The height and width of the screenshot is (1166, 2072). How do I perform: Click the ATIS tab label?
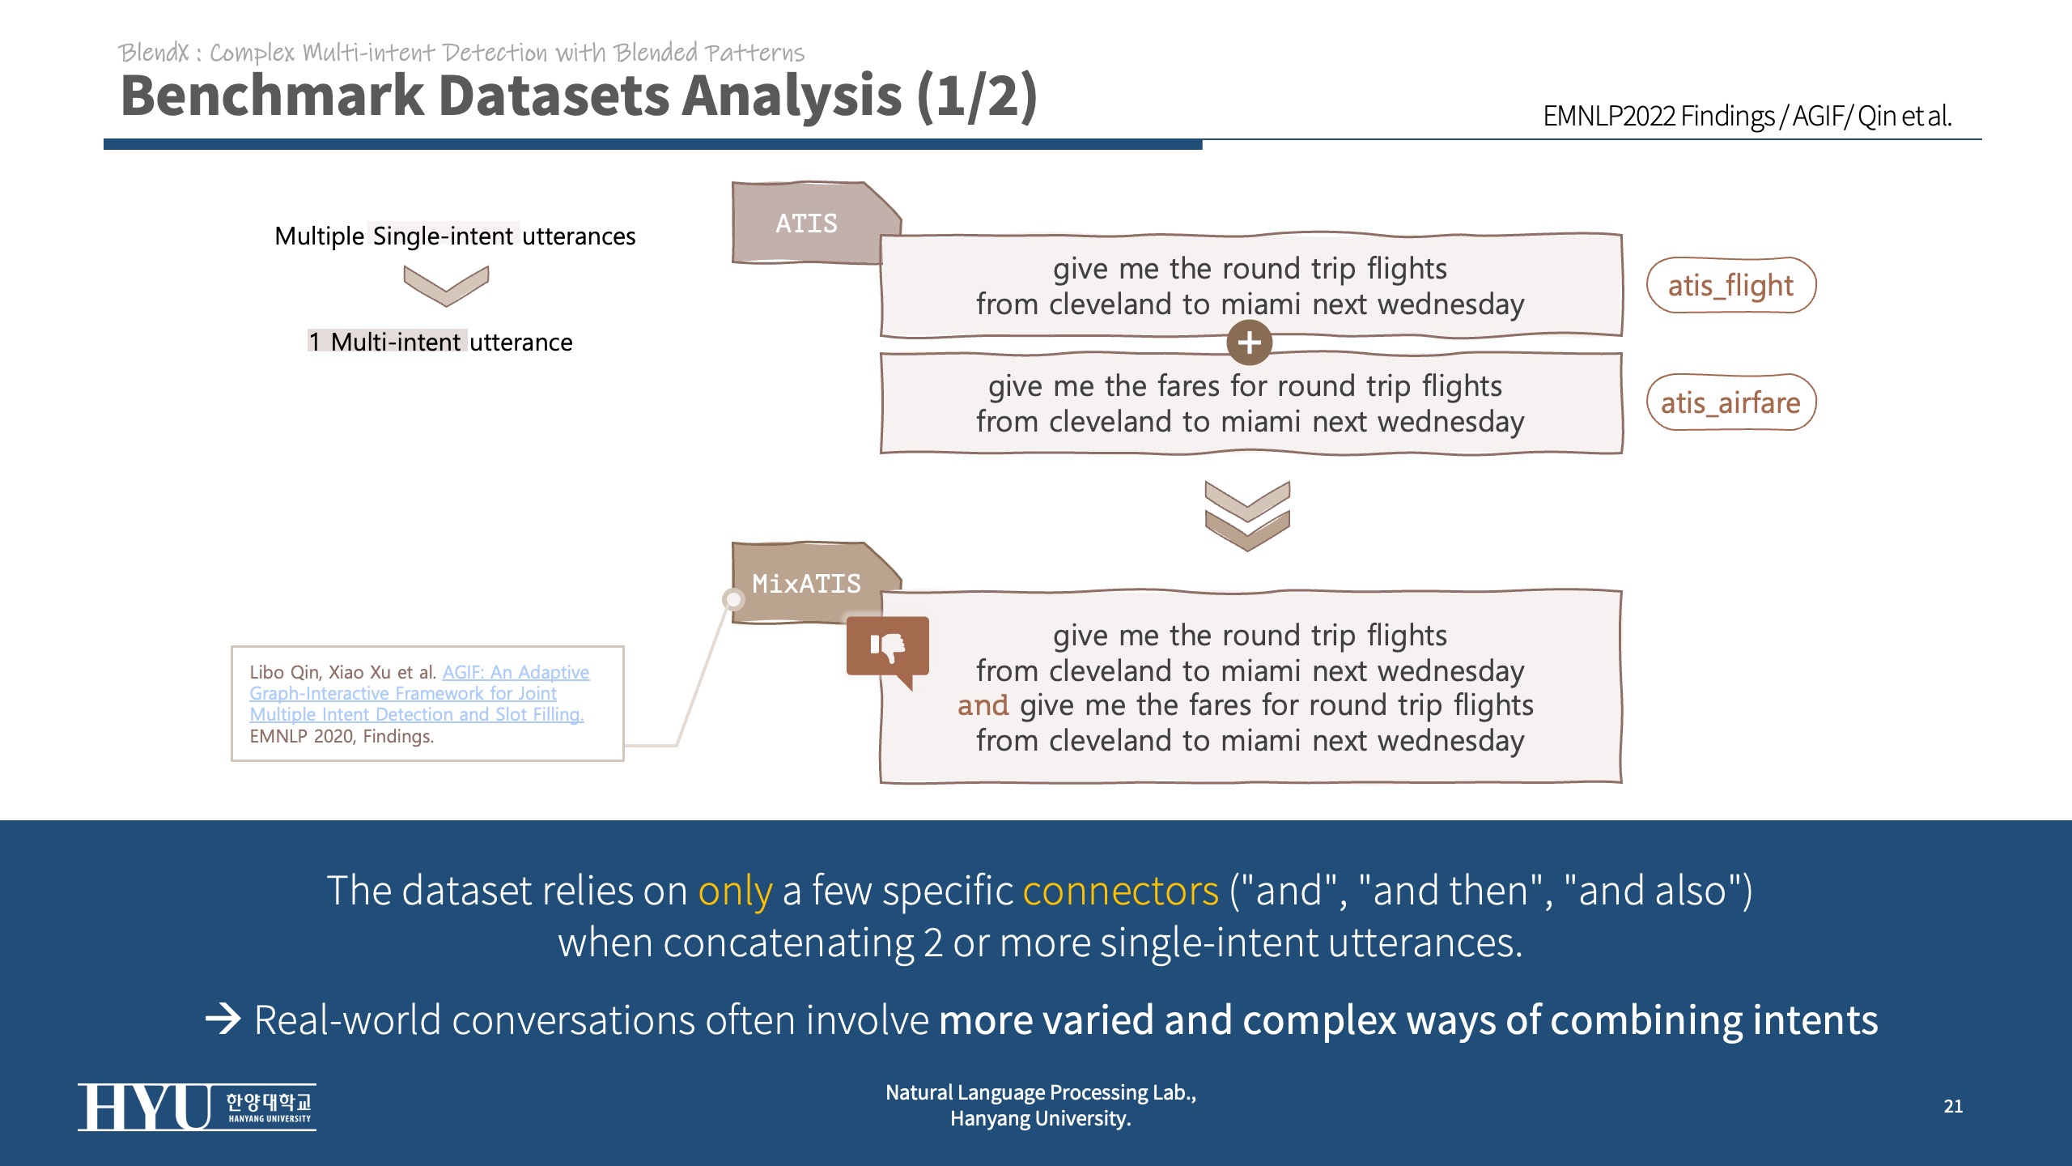pyautogui.click(x=806, y=223)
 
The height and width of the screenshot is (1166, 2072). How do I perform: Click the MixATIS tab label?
pyautogui.click(x=806, y=584)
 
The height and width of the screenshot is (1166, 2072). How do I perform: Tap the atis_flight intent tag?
pyautogui.click(x=1730, y=285)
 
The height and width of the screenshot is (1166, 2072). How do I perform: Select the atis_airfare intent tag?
pyautogui.click(x=1730, y=402)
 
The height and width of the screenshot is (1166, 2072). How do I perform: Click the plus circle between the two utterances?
pyautogui.click(x=1249, y=343)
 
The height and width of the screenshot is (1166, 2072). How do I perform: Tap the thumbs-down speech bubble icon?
pyautogui.click(x=888, y=648)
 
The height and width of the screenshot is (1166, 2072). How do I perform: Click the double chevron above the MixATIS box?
pyautogui.click(x=1247, y=516)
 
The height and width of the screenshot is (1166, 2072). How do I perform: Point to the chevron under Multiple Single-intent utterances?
pyautogui.click(x=446, y=286)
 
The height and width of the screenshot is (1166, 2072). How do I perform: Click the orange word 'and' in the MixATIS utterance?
pyautogui.click(x=983, y=705)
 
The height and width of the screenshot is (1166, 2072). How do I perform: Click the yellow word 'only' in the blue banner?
pyautogui.click(x=735, y=891)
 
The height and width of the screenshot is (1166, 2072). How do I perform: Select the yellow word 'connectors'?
pyautogui.click(x=1120, y=891)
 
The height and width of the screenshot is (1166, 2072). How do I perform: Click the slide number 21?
pyautogui.click(x=1953, y=1106)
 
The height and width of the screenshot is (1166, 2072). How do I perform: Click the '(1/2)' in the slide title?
pyautogui.click(x=976, y=96)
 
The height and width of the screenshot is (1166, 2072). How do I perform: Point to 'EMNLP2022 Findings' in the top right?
pyautogui.click(x=1658, y=116)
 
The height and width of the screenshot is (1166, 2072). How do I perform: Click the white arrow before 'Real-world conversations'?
pyautogui.click(x=223, y=1019)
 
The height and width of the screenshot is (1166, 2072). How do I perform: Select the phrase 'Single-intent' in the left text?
pyautogui.click(x=443, y=236)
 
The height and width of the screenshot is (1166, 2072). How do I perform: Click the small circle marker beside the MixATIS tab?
pyautogui.click(x=733, y=599)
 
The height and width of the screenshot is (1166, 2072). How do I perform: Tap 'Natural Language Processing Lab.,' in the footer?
pyautogui.click(x=1040, y=1092)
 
